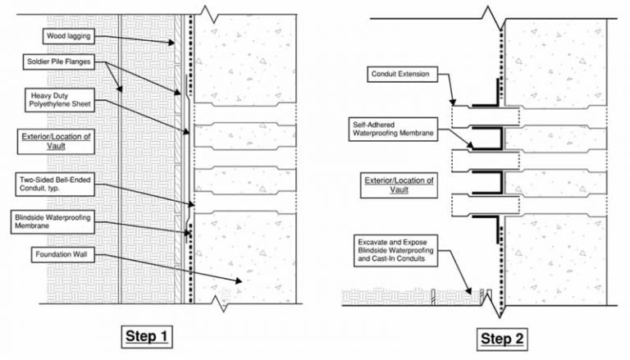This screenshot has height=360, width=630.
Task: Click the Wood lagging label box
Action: click(x=69, y=36)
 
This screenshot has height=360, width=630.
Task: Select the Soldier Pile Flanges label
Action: click(x=59, y=62)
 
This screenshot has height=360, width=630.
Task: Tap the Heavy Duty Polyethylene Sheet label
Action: click(x=60, y=100)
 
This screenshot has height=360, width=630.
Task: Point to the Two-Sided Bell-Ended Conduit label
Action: click(x=55, y=184)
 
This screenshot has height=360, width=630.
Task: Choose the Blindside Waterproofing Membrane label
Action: click(x=52, y=221)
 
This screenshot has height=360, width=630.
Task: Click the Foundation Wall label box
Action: click(x=64, y=255)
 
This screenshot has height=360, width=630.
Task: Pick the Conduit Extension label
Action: click(x=402, y=75)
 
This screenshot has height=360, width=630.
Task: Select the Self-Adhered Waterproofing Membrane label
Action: click(x=393, y=129)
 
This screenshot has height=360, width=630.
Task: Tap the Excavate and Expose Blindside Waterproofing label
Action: click(x=395, y=250)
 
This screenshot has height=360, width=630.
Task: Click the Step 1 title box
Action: click(x=147, y=337)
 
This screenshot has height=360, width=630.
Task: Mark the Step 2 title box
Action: click(x=502, y=339)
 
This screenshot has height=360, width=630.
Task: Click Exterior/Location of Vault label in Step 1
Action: click(x=56, y=141)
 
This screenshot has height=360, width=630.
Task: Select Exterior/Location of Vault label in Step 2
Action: click(x=399, y=185)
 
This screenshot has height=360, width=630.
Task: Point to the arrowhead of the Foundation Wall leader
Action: click(x=239, y=281)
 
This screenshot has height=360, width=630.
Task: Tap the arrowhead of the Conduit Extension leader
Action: click(x=453, y=103)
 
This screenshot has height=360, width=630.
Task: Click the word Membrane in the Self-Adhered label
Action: click(x=418, y=134)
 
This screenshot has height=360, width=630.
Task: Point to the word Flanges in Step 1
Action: click(x=79, y=62)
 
